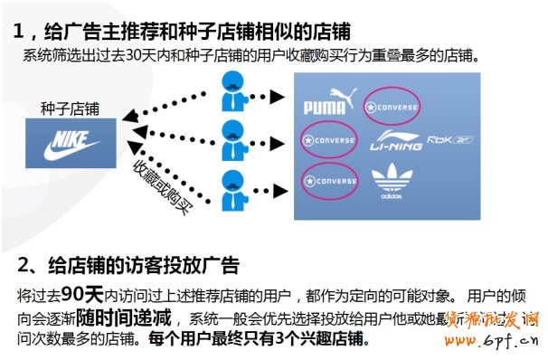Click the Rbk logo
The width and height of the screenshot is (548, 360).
450,140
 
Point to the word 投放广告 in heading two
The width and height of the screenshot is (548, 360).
200,266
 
